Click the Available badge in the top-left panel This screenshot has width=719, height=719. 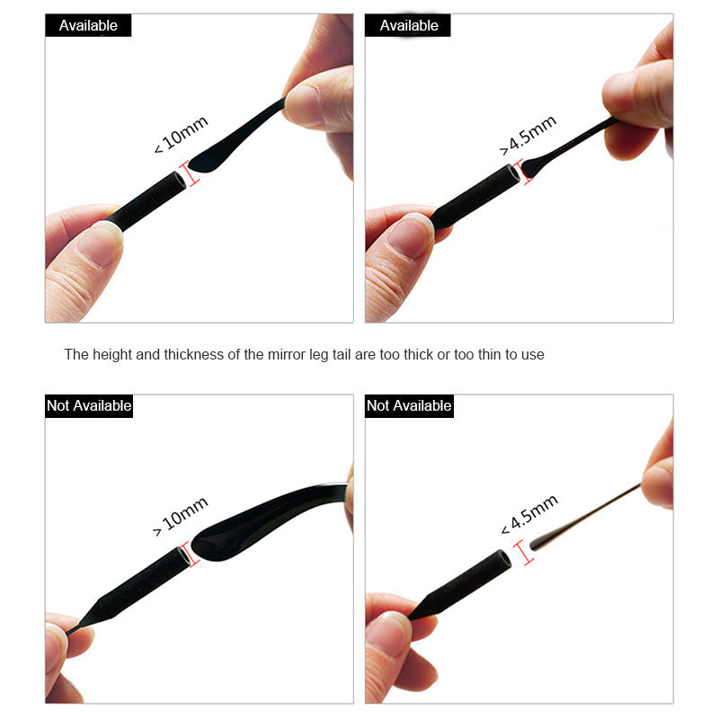(x=88, y=25)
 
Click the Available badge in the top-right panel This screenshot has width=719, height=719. (x=408, y=25)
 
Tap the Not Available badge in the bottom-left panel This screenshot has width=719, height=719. (x=89, y=405)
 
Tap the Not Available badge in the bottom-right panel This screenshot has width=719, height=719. (x=409, y=405)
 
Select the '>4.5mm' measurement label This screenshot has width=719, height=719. (x=528, y=134)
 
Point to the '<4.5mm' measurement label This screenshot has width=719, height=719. (x=528, y=515)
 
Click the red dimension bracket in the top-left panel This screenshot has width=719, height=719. (x=191, y=172)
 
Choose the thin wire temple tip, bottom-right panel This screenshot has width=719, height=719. (x=584, y=518)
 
